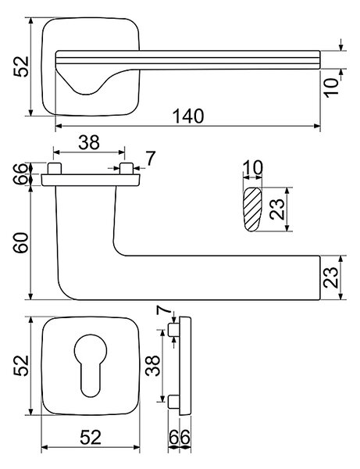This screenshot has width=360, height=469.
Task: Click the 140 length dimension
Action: (188, 116)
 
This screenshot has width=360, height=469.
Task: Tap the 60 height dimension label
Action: (22, 243)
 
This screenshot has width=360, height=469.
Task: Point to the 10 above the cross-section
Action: (253, 167)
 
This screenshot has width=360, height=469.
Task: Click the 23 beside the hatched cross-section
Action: (277, 209)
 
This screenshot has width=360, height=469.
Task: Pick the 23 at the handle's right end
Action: (330, 277)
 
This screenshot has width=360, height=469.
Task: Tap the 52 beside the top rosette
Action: (21, 66)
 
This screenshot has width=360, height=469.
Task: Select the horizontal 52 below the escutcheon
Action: (91, 437)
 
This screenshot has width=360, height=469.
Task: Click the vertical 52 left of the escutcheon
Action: (21, 366)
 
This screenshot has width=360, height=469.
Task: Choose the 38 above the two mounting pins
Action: (89, 142)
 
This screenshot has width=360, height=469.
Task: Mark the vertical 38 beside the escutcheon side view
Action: (152, 366)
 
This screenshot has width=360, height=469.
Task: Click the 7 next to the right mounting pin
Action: (151, 159)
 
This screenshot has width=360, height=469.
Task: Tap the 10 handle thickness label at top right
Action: (332, 88)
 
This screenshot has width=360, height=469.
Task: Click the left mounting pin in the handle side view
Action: (55, 169)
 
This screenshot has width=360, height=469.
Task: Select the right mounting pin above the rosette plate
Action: (126, 169)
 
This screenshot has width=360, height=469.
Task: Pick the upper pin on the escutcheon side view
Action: (174, 330)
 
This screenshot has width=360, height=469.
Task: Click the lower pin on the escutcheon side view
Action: (174, 402)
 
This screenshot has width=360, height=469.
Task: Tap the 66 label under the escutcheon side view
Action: (180, 437)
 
